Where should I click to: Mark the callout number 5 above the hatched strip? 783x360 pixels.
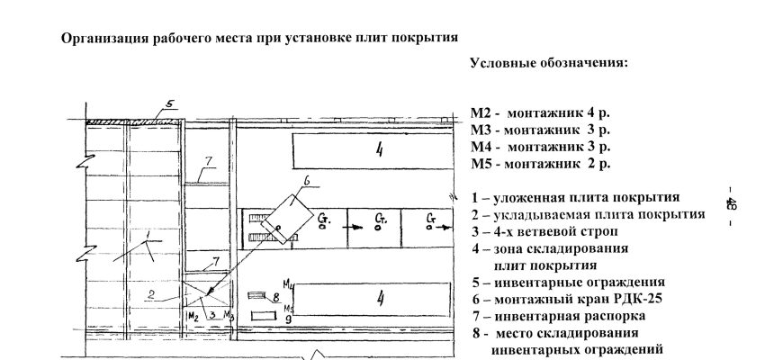(168, 103)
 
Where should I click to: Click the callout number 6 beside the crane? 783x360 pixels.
(306, 181)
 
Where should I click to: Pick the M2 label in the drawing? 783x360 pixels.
(192, 317)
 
